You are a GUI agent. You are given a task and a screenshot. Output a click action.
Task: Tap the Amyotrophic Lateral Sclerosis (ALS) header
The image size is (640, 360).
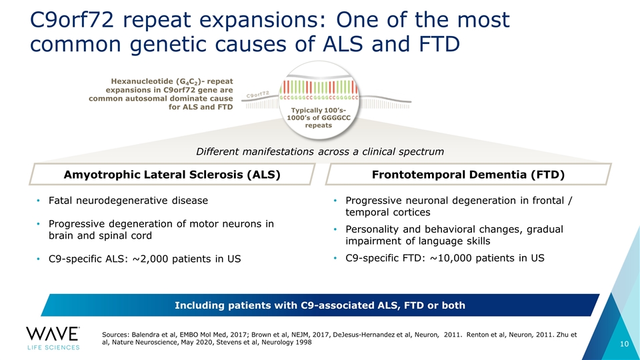click(x=171, y=175)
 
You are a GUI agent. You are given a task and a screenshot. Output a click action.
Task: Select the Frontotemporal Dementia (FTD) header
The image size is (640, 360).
click(x=467, y=175)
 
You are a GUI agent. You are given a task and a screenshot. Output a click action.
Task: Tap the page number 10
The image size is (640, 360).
click(x=624, y=343)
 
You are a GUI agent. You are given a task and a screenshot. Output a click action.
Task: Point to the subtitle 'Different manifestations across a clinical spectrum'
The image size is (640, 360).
click(x=320, y=152)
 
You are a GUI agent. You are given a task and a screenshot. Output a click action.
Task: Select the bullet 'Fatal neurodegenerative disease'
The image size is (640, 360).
click(x=127, y=200)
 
